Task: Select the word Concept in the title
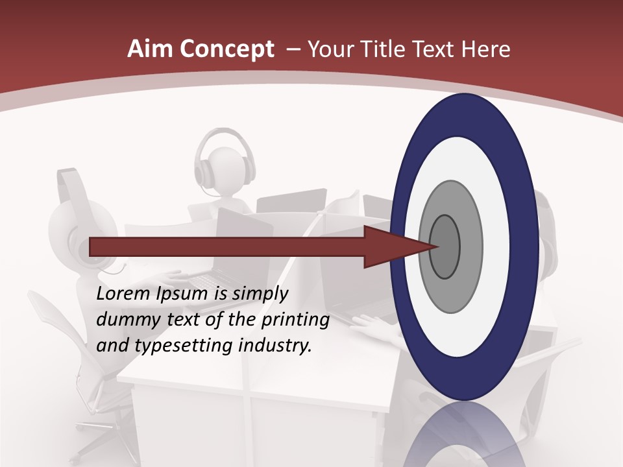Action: coord(228,49)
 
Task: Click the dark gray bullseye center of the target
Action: coord(445,246)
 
